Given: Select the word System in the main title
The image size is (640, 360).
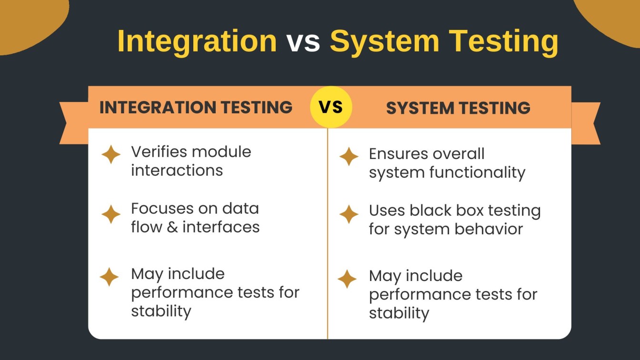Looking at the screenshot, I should [384, 41].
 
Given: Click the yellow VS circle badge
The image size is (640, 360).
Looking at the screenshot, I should [331, 107].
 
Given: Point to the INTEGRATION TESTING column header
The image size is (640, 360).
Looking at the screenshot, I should [196, 107].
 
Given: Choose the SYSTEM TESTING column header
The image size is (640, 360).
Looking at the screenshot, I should [458, 108].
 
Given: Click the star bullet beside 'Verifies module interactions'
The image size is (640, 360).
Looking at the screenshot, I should [111, 155].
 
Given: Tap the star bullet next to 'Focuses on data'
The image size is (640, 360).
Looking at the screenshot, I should [111, 214].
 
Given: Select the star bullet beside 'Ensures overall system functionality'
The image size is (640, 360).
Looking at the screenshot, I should [349, 157].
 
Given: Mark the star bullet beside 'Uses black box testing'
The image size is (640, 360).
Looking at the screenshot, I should [349, 214].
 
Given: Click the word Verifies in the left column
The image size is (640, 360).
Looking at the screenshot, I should [158, 152].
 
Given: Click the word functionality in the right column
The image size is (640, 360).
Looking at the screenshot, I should [477, 172].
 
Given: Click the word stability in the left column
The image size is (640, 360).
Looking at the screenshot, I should [161, 311].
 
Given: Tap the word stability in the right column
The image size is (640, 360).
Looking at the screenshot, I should [399, 313].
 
